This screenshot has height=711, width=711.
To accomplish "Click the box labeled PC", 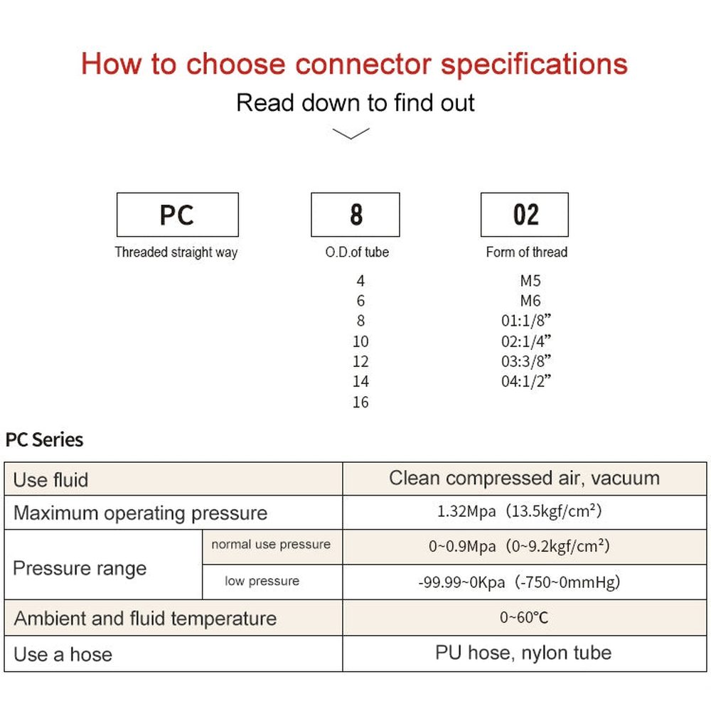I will (177, 215).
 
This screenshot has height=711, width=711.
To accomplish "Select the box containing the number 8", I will (355, 215).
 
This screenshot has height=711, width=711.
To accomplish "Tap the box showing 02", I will (525, 215).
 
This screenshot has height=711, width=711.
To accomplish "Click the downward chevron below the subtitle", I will (351, 134).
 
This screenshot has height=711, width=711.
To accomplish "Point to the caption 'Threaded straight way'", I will (176, 252).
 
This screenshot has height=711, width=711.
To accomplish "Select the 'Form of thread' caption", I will (527, 252).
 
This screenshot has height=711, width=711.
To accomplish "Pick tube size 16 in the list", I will (360, 402).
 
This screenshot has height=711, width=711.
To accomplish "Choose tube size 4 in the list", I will (360, 281).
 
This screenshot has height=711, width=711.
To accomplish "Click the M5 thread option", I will (530, 281).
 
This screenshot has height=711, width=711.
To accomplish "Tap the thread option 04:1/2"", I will (526, 382).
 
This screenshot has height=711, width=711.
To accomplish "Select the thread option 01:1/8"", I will (526, 321).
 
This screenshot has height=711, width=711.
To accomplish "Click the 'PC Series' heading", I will (44, 440).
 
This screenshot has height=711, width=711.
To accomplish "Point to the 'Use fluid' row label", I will (50, 480).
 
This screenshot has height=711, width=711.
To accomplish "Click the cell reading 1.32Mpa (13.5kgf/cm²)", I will (524, 512).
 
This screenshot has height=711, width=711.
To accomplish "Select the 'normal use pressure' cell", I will (271, 545).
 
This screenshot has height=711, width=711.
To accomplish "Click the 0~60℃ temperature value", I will (524, 617).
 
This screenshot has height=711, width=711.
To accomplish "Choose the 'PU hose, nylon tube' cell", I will (524, 653).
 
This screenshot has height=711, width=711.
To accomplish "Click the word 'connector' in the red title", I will (363, 64).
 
